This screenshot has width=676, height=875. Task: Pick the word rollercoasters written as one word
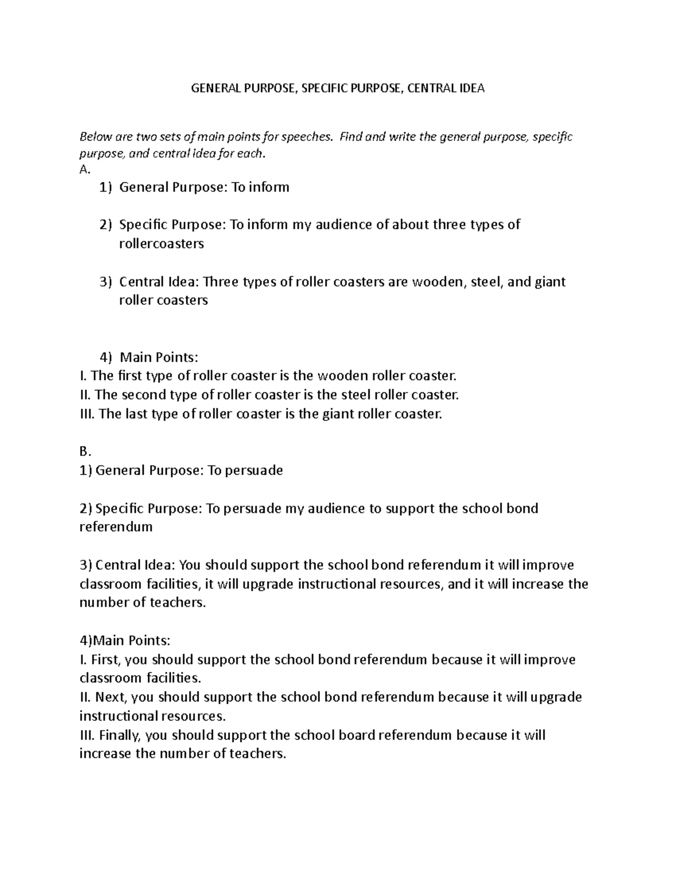tap(161, 244)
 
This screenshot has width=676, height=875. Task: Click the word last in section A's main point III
tap(131, 414)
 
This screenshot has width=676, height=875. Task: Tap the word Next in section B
tap(112, 698)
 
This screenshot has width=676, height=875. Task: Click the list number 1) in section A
tap(105, 188)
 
